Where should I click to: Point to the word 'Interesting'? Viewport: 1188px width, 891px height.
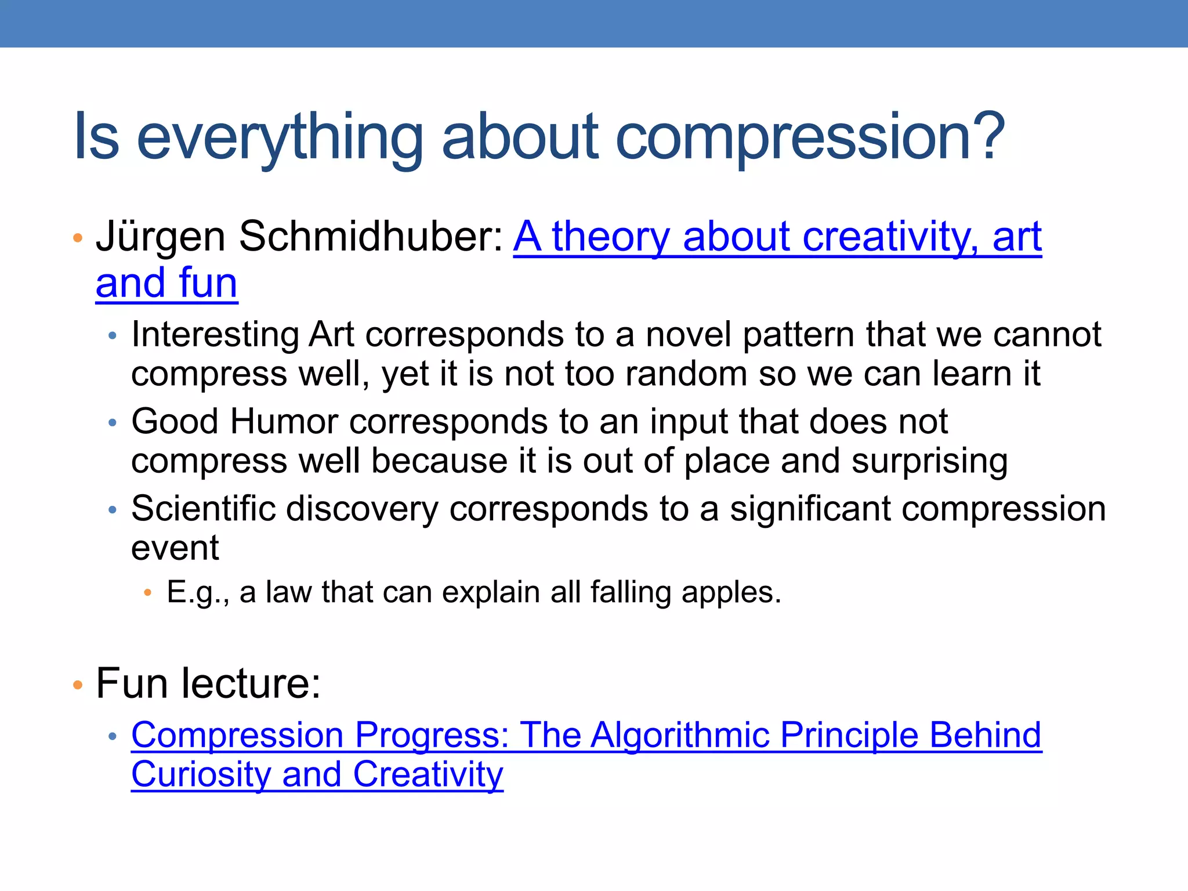click(x=215, y=335)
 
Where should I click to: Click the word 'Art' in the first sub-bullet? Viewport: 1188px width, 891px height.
click(x=331, y=335)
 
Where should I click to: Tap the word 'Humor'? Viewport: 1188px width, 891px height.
click(x=284, y=421)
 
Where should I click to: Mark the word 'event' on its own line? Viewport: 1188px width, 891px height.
click(x=175, y=548)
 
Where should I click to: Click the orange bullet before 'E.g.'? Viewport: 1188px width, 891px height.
click(x=147, y=593)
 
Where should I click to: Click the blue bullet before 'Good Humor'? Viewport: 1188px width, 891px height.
click(x=113, y=423)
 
